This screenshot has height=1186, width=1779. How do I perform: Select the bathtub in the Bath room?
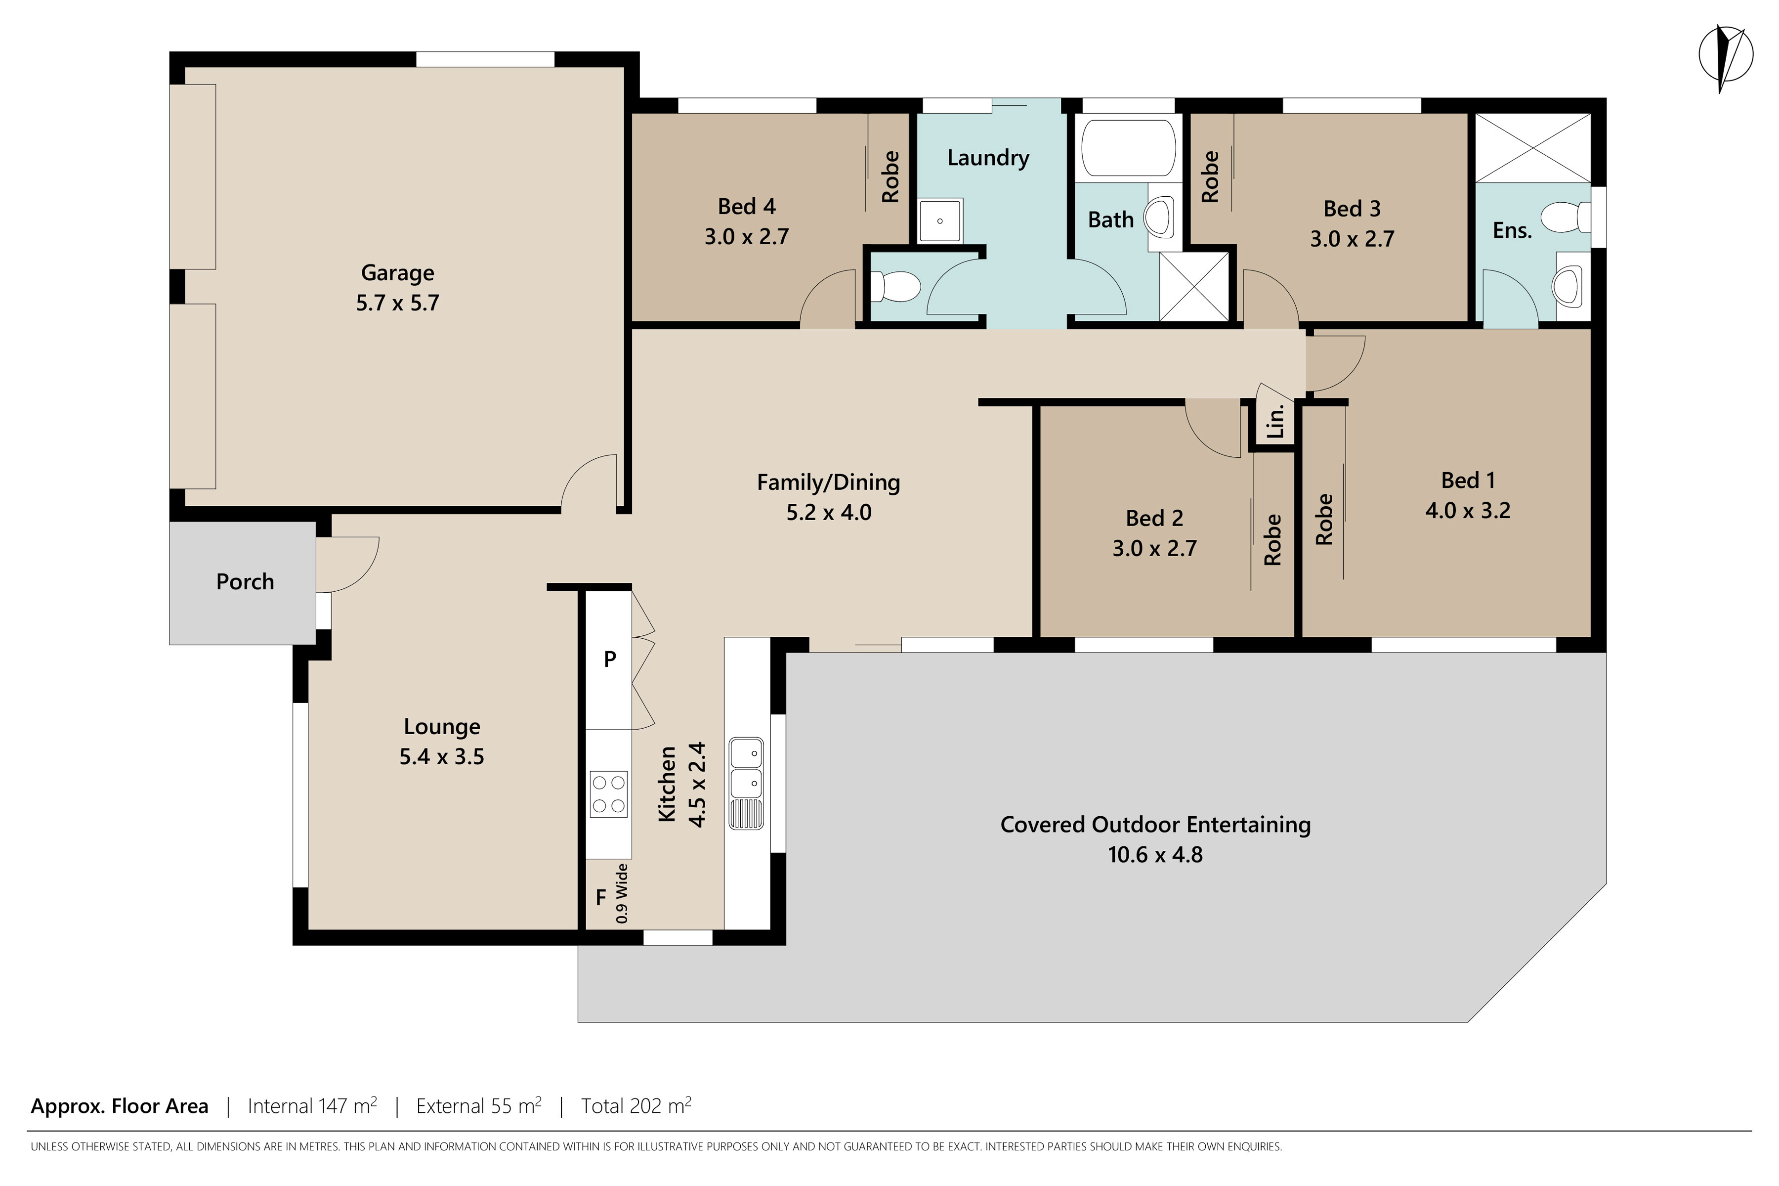1128,147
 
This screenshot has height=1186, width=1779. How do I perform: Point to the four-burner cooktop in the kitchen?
609,794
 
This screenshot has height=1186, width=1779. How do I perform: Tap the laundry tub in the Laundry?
940,220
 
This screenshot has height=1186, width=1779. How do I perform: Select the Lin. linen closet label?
1275,421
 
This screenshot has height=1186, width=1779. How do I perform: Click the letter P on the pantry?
609,659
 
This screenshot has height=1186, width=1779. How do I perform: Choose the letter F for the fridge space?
600,898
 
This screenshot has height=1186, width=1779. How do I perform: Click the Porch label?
245,582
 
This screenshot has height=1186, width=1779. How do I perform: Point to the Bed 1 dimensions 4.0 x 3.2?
1468,511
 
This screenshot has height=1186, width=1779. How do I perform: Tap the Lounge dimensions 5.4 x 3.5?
441,756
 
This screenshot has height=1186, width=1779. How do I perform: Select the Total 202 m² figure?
636,1106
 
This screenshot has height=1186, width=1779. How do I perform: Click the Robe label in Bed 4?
890,176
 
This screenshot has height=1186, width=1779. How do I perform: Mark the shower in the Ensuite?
1533,147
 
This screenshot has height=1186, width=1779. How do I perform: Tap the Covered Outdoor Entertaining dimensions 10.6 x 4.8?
1154,855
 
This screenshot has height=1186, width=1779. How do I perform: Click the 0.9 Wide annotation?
622,893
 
